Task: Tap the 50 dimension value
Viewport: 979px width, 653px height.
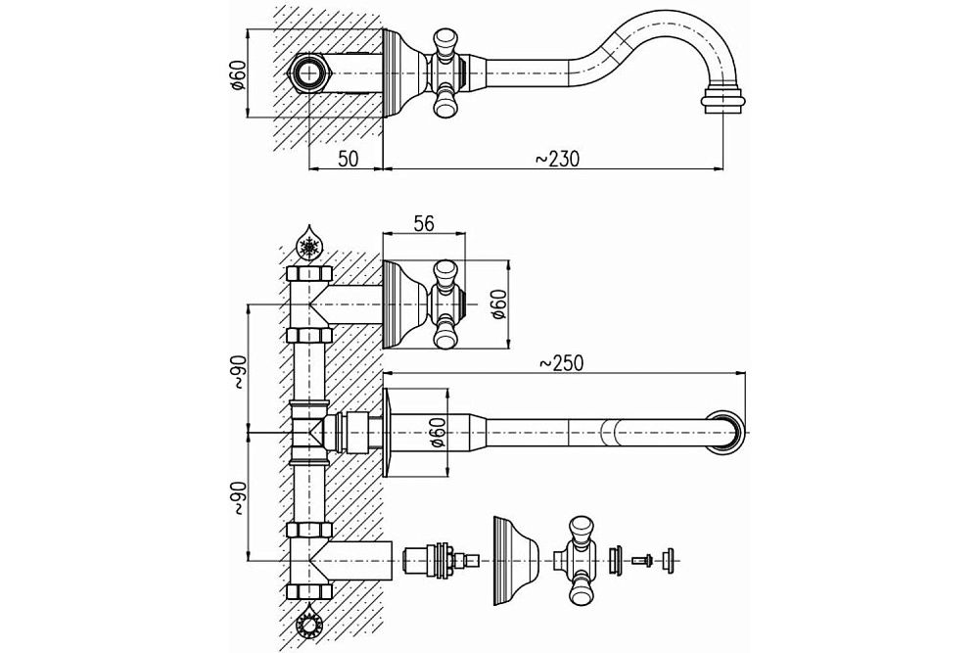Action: pyautogui.click(x=348, y=158)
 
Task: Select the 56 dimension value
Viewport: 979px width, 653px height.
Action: pyautogui.click(x=423, y=223)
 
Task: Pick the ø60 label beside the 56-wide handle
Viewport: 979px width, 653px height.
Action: pyautogui.click(x=497, y=303)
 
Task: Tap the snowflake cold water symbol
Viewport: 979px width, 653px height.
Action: pyautogui.click(x=309, y=244)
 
